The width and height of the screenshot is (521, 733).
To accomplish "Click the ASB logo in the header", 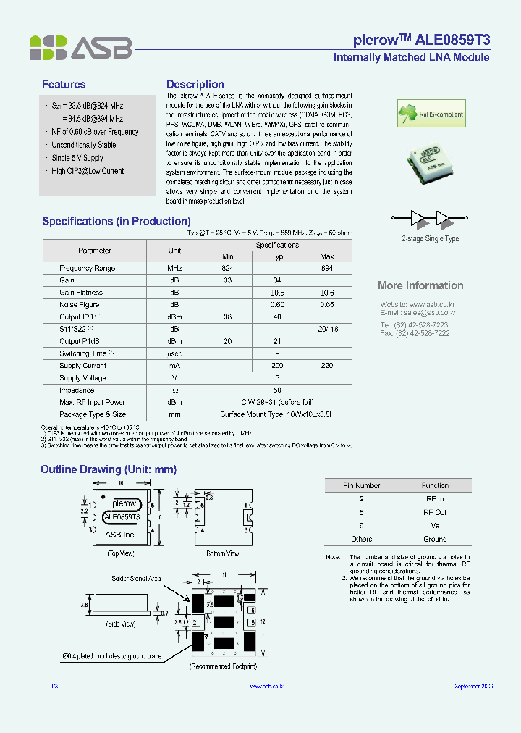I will click(x=80, y=48).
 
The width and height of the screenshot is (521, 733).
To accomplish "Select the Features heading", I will click(x=64, y=85).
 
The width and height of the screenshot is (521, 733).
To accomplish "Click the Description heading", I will click(x=195, y=85).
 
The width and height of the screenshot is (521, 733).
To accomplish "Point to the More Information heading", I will click(x=420, y=285).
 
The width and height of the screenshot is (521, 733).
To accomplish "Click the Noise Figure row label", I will click(x=80, y=305).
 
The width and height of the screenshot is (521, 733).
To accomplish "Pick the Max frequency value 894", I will click(x=326, y=268).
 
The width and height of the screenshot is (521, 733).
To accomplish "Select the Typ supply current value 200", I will click(x=277, y=366).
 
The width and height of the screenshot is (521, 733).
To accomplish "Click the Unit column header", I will click(x=174, y=250).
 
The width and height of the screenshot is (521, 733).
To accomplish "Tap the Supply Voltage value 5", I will click(x=277, y=378).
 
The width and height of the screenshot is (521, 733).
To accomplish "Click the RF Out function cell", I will click(x=435, y=512).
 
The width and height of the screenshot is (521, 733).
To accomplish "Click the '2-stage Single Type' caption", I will click(x=430, y=238).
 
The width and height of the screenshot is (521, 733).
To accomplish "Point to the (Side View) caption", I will click(x=120, y=624).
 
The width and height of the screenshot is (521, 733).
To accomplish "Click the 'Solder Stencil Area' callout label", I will click(x=136, y=579).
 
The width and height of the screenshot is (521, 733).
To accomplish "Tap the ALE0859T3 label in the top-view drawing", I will click(x=124, y=517).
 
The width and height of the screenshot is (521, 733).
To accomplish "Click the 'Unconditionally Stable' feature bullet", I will click(x=83, y=145).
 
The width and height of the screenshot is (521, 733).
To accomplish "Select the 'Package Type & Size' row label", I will click(x=93, y=415).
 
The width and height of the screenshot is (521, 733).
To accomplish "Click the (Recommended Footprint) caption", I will click(x=224, y=665).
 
